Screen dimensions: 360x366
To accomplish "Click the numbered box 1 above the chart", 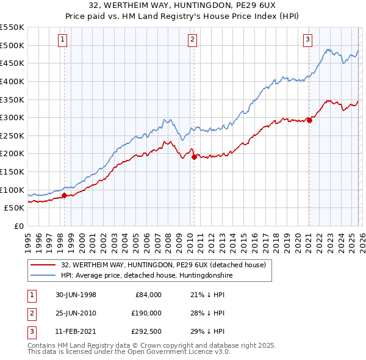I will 63,40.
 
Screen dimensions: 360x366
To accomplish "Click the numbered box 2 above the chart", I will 192,40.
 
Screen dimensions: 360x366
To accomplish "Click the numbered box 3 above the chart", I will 307,40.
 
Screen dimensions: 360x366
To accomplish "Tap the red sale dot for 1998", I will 64,195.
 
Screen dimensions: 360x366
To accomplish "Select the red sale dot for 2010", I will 194,157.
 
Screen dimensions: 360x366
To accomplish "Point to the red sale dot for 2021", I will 309,120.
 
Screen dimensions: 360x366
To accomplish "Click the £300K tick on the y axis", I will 12,117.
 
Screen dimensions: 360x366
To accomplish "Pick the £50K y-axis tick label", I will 15,207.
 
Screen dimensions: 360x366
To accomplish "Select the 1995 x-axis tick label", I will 28,239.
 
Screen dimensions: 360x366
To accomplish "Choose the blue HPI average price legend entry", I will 146,276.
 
